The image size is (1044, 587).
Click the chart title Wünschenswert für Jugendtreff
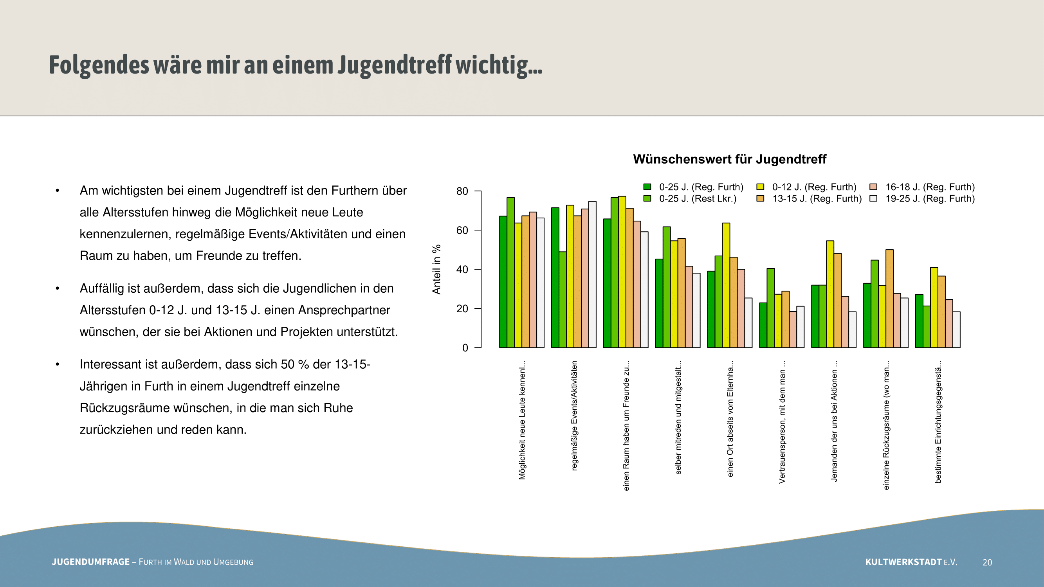click(x=730, y=159)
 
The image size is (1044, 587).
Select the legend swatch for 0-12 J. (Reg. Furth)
click(x=760, y=187)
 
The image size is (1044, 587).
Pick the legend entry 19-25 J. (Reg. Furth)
click(x=930, y=199)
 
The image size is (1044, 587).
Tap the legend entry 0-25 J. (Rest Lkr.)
click(x=698, y=199)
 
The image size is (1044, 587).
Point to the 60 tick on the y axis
click(x=462, y=230)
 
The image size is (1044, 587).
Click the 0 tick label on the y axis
click(x=465, y=348)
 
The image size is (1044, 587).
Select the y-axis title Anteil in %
click(x=436, y=269)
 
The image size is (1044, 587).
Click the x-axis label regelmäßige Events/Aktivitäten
click(x=574, y=415)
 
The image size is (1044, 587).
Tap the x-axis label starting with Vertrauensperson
click(x=782, y=425)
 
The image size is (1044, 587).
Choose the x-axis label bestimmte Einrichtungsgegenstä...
click(x=938, y=421)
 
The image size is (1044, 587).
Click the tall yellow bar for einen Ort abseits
click(x=726, y=285)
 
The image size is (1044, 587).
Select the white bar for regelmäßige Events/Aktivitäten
click(x=592, y=275)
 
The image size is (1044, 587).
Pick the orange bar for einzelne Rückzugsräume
click(x=890, y=299)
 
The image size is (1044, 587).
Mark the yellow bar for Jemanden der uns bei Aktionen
click(x=830, y=294)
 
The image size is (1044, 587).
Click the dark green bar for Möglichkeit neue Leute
click(x=503, y=282)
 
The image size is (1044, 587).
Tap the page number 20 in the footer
click(x=987, y=562)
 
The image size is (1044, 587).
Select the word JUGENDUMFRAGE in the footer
click(x=91, y=562)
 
